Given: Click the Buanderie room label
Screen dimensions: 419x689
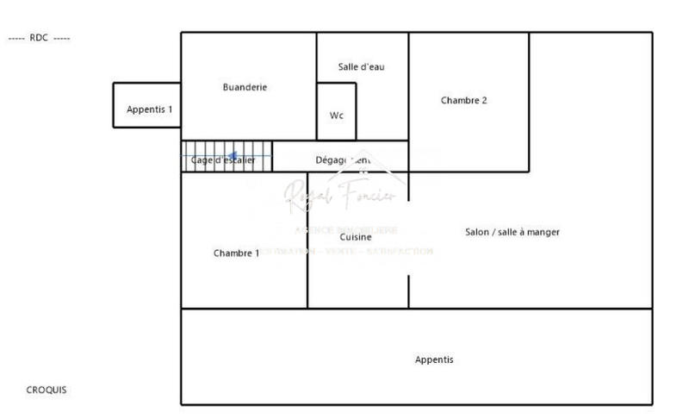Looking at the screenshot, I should pyautogui.click(x=245, y=87).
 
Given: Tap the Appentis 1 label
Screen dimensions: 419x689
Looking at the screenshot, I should pyautogui.click(x=149, y=109).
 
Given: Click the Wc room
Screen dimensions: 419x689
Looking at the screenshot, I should pyautogui.click(x=337, y=116).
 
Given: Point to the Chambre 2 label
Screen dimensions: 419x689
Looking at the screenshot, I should pyautogui.click(x=463, y=100).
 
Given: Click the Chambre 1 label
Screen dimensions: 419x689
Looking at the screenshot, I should pyautogui.click(x=236, y=253).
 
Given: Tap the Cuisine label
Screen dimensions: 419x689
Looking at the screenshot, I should pyautogui.click(x=356, y=237).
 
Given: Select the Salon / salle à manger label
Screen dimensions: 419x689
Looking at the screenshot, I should pyautogui.click(x=512, y=232).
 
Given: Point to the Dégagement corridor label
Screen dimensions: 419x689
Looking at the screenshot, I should pyautogui.click(x=343, y=160).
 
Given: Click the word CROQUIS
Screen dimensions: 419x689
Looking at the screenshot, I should pyautogui.click(x=47, y=390).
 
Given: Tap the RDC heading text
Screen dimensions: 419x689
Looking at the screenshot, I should pyautogui.click(x=39, y=38).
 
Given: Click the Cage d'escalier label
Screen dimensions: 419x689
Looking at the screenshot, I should pyautogui.click(x=223, y=160).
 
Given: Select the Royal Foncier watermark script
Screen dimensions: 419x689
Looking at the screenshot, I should pyautogui.click(x=340, y=195).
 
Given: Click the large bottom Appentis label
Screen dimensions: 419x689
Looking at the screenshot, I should pyautogui.click(x=434, y=360).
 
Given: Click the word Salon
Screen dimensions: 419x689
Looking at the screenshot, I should pyautogui.click(x=478, y=232).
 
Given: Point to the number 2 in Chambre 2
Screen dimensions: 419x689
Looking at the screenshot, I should pyautogui.click(x=484, y=100).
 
